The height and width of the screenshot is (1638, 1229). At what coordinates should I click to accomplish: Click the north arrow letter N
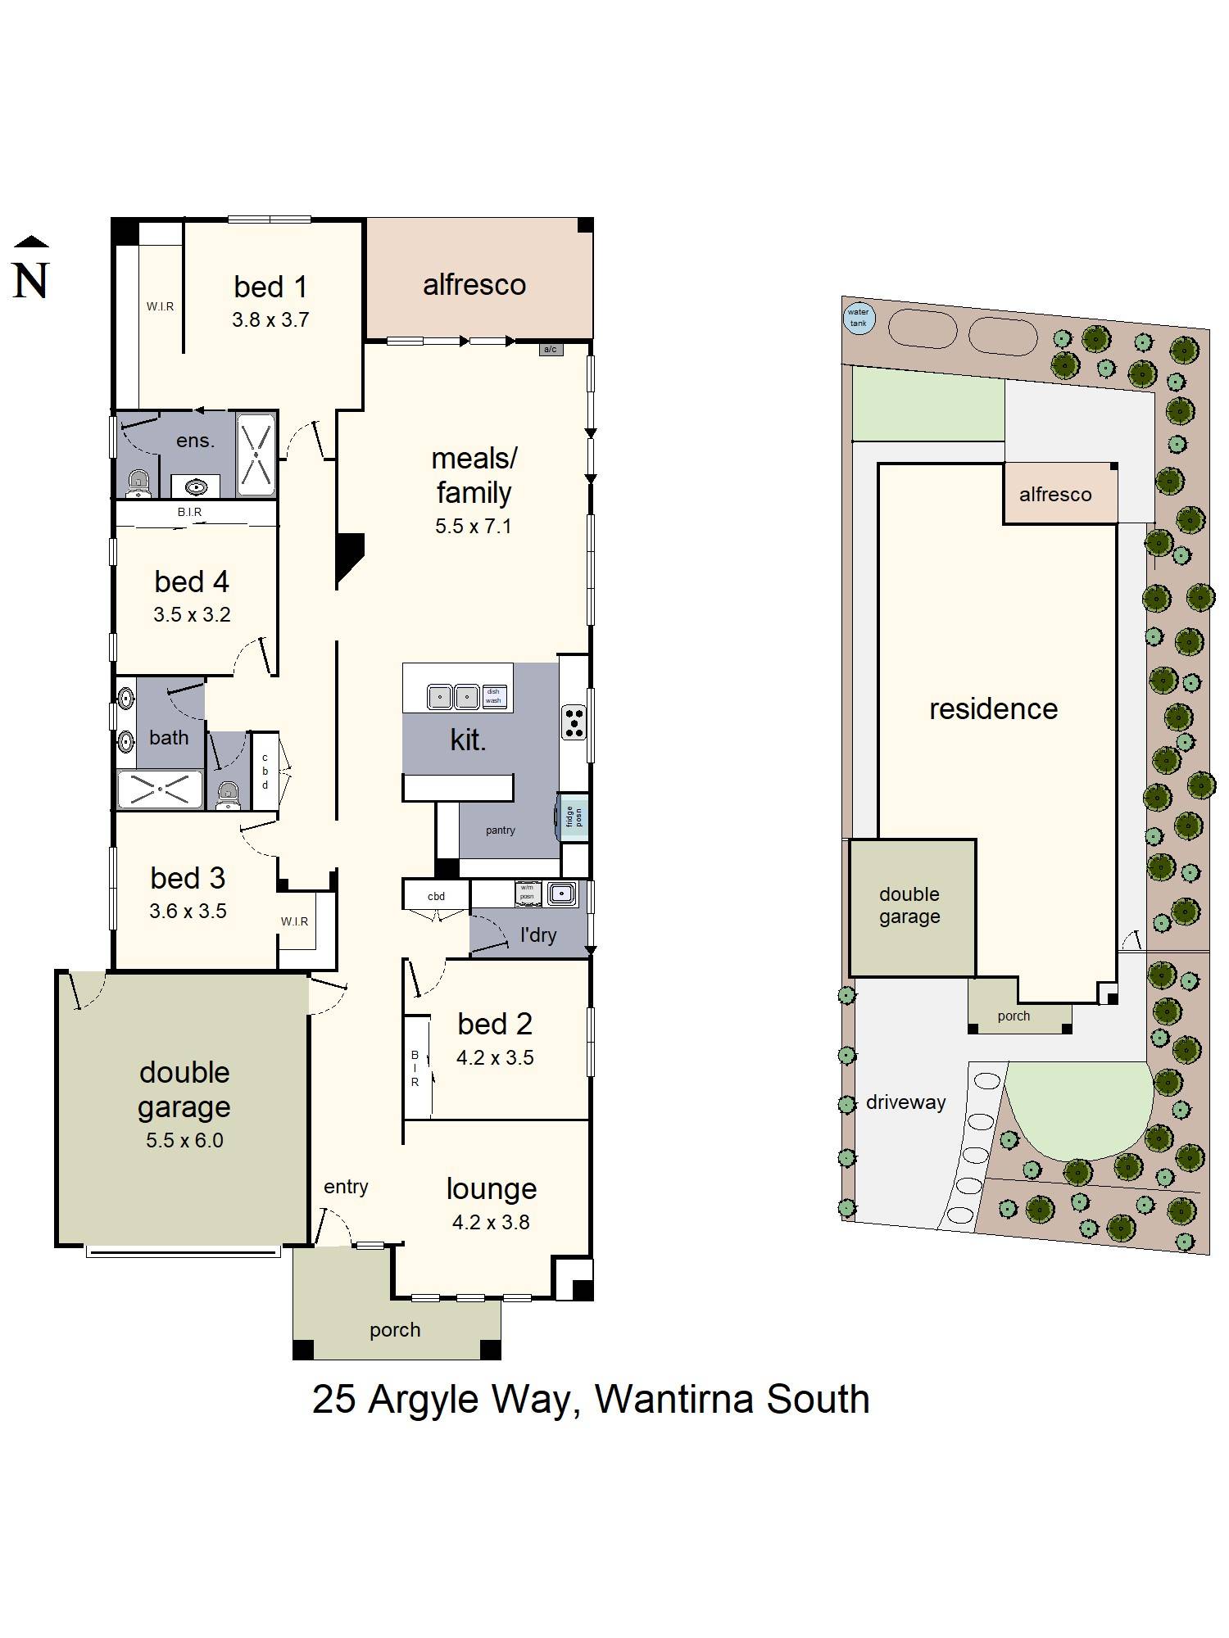[x=31, y=281]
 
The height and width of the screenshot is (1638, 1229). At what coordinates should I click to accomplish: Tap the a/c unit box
[x=551, y=350]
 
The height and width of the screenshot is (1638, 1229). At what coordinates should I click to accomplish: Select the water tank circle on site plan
[x=858, y=318]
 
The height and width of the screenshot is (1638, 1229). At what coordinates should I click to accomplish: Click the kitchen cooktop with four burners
[x=574, y=722]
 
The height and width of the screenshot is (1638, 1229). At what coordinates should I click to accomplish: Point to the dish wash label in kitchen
[x=493, y=696]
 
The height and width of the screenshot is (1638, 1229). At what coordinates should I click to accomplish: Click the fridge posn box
[x=573, y=817]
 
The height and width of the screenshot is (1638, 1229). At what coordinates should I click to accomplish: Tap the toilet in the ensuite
[x=139, y=484]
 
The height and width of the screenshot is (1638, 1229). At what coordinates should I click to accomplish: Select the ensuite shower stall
[x=256, y=455]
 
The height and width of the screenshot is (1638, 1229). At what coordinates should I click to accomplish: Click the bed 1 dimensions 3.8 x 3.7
[x=270, y=320]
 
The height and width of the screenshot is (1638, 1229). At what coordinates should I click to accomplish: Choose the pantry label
[x=500, y=830]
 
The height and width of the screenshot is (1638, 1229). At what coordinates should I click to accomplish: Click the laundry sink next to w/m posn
[x=562, y=893]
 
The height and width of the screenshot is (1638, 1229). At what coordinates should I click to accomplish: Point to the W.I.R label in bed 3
[x=294, y=921]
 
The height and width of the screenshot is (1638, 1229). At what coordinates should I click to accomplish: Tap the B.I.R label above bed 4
[x=189, y=512]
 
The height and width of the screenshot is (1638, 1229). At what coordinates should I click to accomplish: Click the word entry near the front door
[x=346, y=1187]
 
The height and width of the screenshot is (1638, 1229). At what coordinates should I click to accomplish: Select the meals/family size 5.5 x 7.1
[x=474, y=527]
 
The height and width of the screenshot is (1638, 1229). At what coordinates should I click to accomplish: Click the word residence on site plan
[x=993, y=709]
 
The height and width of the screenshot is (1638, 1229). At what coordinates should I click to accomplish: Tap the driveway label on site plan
[x=905, y=1102]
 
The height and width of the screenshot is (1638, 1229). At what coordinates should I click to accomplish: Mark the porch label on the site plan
[x=1014, y=1016]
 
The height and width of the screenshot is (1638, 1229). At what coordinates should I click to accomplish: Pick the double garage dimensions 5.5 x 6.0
[x=184, y=1140]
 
